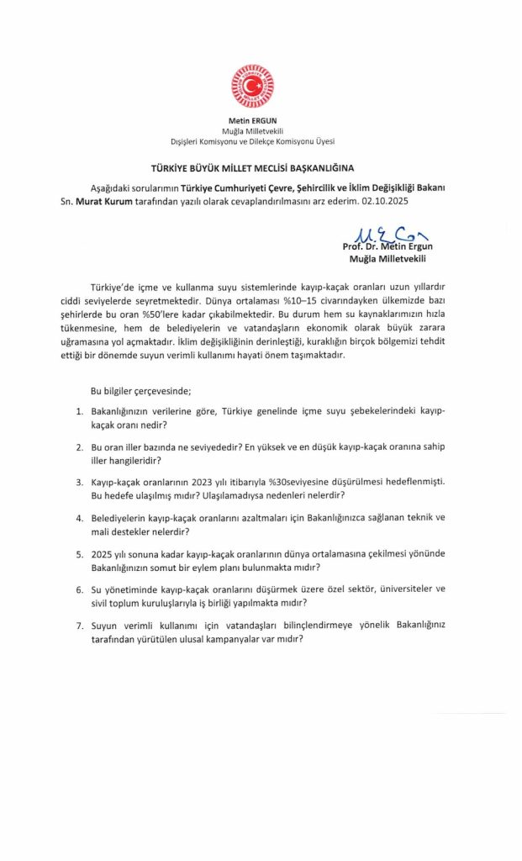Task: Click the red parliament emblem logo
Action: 252,86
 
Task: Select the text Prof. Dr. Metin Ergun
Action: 387,246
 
